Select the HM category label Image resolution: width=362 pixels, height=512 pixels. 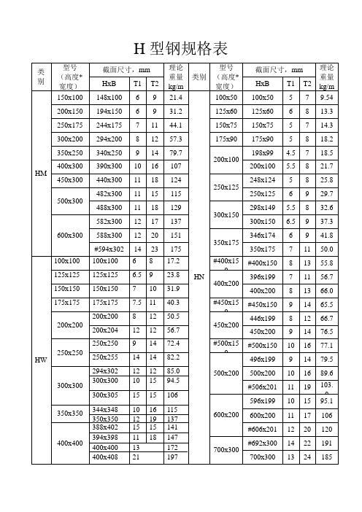point(41,173)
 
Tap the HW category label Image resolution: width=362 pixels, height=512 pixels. point(41,360)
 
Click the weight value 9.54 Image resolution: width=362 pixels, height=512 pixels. point(327,97)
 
